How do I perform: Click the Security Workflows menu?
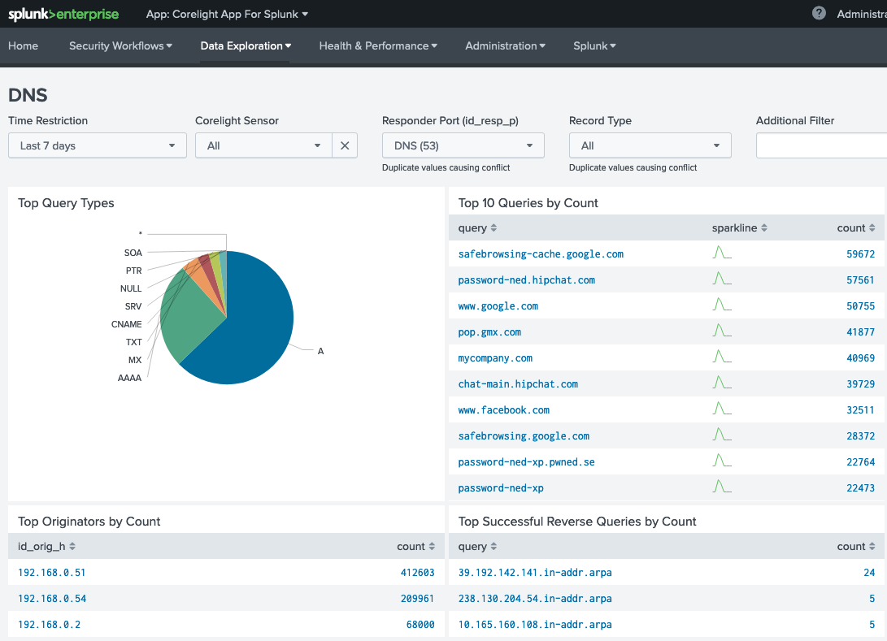(x=120, y=46)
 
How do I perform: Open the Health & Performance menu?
(x=378, y=46)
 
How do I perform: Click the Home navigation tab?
(x=24, y=46)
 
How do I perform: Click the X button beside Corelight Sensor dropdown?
(x=345, y=145)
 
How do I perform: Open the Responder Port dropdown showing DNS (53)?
(x=463, y=145)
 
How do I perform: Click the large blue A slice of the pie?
(x=252, y=325)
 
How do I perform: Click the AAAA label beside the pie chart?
(x=129, y=378)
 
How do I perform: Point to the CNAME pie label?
(x=126, y=324)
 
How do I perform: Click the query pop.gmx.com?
(x=489, y=332)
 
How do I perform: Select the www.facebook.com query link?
(x=503, y=410)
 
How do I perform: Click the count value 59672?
(x=860, y=254)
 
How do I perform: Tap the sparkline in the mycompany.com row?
(x=721, y=357)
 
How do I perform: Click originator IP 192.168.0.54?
(x=52, y=599)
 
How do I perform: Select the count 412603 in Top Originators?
(x=417, y=573)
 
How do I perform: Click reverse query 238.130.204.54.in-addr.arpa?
(x=534, y=599)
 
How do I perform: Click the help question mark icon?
(x=819, y=13)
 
